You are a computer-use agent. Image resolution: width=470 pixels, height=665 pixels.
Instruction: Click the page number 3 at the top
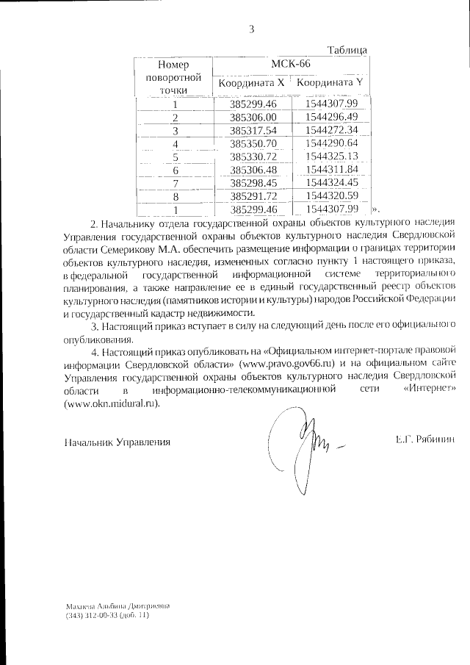pos(251,29)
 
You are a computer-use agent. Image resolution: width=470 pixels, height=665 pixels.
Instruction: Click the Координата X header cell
pos(251,83)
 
